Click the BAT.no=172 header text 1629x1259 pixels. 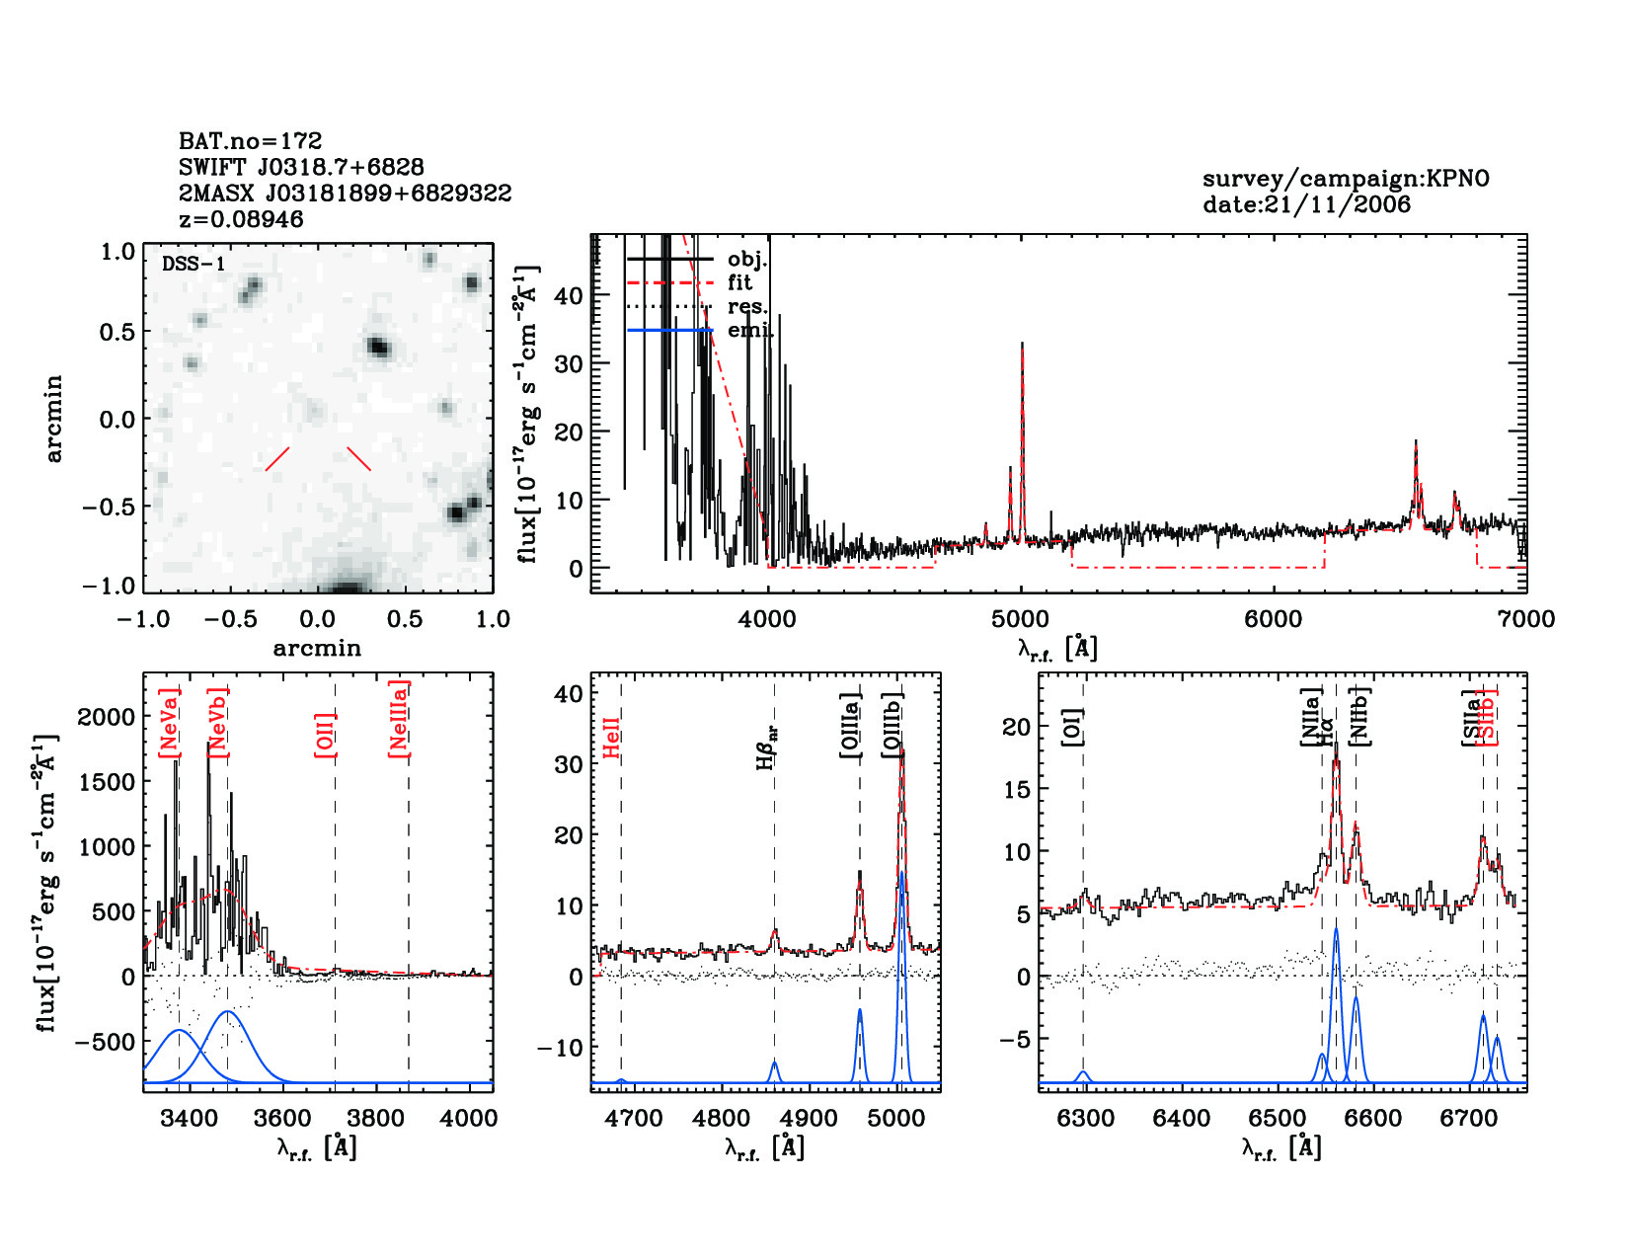(250, 141)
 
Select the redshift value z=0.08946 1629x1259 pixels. (241, 219)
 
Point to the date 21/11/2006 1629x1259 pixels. (1306, 204)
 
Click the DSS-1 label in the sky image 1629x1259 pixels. (194, 264)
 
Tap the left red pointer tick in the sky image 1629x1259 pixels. (277, 459)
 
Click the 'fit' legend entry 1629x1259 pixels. (739, 282)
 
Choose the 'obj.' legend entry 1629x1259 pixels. (746, 259)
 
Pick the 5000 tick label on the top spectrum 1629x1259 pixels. (1020, 619)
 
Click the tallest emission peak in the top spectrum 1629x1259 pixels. (1022, 345)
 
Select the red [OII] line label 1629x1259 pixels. (325, 735)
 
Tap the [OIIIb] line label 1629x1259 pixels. (893, 726)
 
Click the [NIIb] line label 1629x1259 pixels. (1360, 716)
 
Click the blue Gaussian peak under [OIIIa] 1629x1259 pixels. (860, 1011)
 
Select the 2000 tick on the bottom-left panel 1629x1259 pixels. (106, 717)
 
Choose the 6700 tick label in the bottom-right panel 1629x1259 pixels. (1470, 1119)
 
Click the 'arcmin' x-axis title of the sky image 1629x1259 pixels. (317, 649)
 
